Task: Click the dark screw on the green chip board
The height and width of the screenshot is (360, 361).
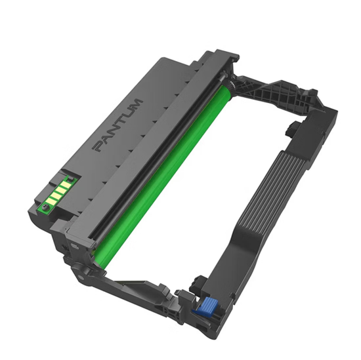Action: (46, 209)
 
